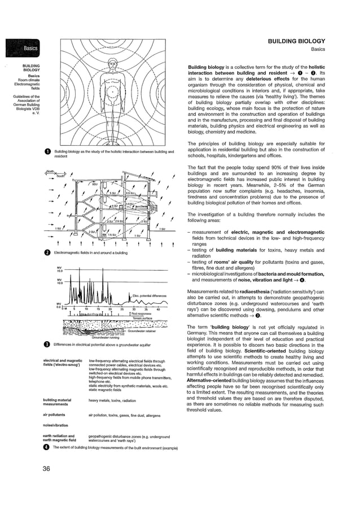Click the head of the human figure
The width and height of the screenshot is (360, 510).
tap(112, 57)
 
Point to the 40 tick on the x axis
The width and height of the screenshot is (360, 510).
tap(158, 310)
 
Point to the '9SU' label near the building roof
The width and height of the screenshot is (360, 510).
tap(94, 184)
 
